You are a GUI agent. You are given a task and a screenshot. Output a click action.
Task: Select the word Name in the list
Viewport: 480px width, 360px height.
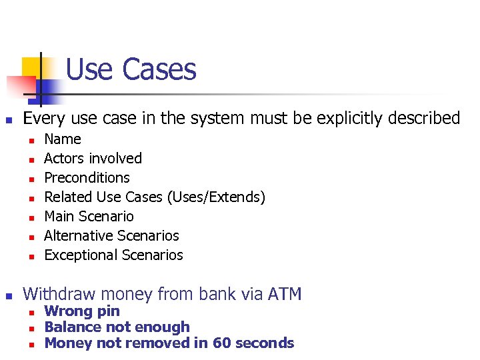pos(63,139)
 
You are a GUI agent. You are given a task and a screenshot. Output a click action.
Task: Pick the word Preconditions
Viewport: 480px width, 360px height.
pos(87,178)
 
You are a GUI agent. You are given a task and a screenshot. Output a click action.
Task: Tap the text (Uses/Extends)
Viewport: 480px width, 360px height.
pos(217,197)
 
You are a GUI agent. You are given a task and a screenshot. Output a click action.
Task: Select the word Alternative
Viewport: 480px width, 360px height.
pos(79,236)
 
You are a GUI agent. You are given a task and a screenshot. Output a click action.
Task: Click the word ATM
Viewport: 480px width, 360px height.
pos(283,294)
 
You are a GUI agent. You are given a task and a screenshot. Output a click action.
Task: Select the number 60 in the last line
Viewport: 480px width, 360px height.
pos(221,343)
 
